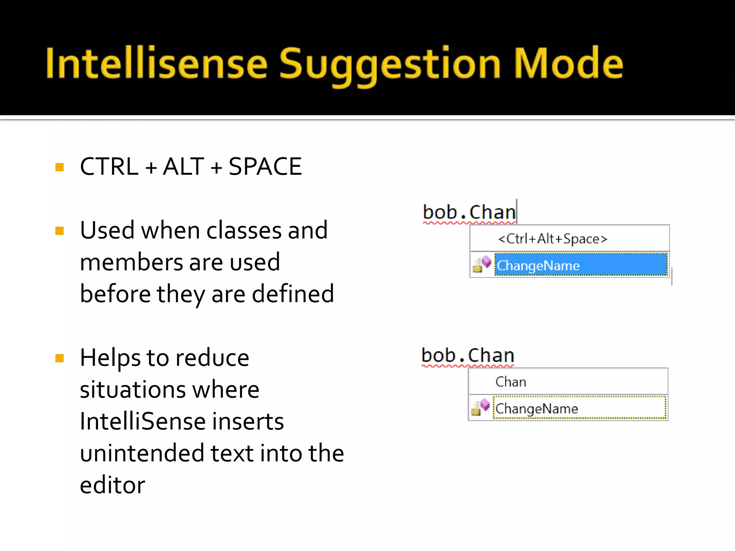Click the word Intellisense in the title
156,64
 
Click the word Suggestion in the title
389,65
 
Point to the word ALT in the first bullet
183,167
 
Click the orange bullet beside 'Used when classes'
60,231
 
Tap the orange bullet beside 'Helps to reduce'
60,358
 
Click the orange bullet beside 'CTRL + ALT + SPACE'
60,167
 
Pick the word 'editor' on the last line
112,485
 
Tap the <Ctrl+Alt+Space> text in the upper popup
553,239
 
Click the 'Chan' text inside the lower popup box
511,382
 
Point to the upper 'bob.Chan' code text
469,212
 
